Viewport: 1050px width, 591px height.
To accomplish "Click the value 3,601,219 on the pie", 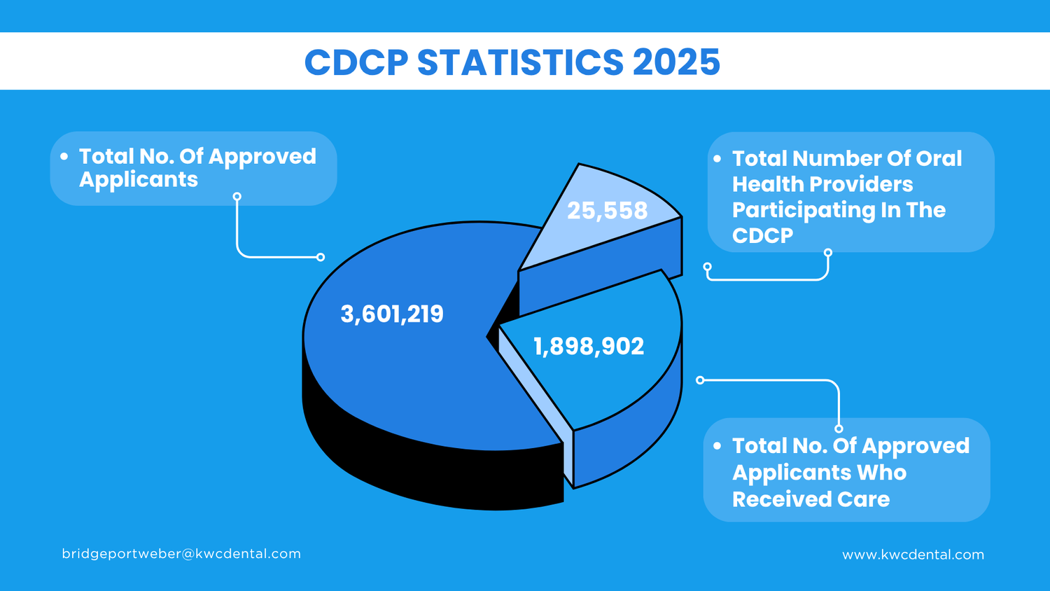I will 392,314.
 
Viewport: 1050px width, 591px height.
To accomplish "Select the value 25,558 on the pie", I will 607,211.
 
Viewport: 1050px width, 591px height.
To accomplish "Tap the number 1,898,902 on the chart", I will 589,347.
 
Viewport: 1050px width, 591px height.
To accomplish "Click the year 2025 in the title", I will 676,62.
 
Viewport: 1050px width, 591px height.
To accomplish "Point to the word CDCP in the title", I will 356,62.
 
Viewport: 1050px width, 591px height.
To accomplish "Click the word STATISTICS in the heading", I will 520,62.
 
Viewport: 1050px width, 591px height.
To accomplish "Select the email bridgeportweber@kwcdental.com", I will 181,554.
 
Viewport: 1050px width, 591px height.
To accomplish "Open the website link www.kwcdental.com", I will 913,555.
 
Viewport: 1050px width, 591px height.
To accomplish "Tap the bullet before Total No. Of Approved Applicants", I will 64,157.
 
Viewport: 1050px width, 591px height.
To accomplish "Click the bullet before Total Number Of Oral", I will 717,159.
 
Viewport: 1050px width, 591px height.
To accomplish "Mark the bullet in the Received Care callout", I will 717,446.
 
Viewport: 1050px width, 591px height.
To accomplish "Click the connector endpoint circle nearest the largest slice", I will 321,257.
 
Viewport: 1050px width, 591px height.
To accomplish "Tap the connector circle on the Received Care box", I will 839,429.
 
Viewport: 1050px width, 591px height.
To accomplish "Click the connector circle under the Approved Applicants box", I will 237,197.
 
